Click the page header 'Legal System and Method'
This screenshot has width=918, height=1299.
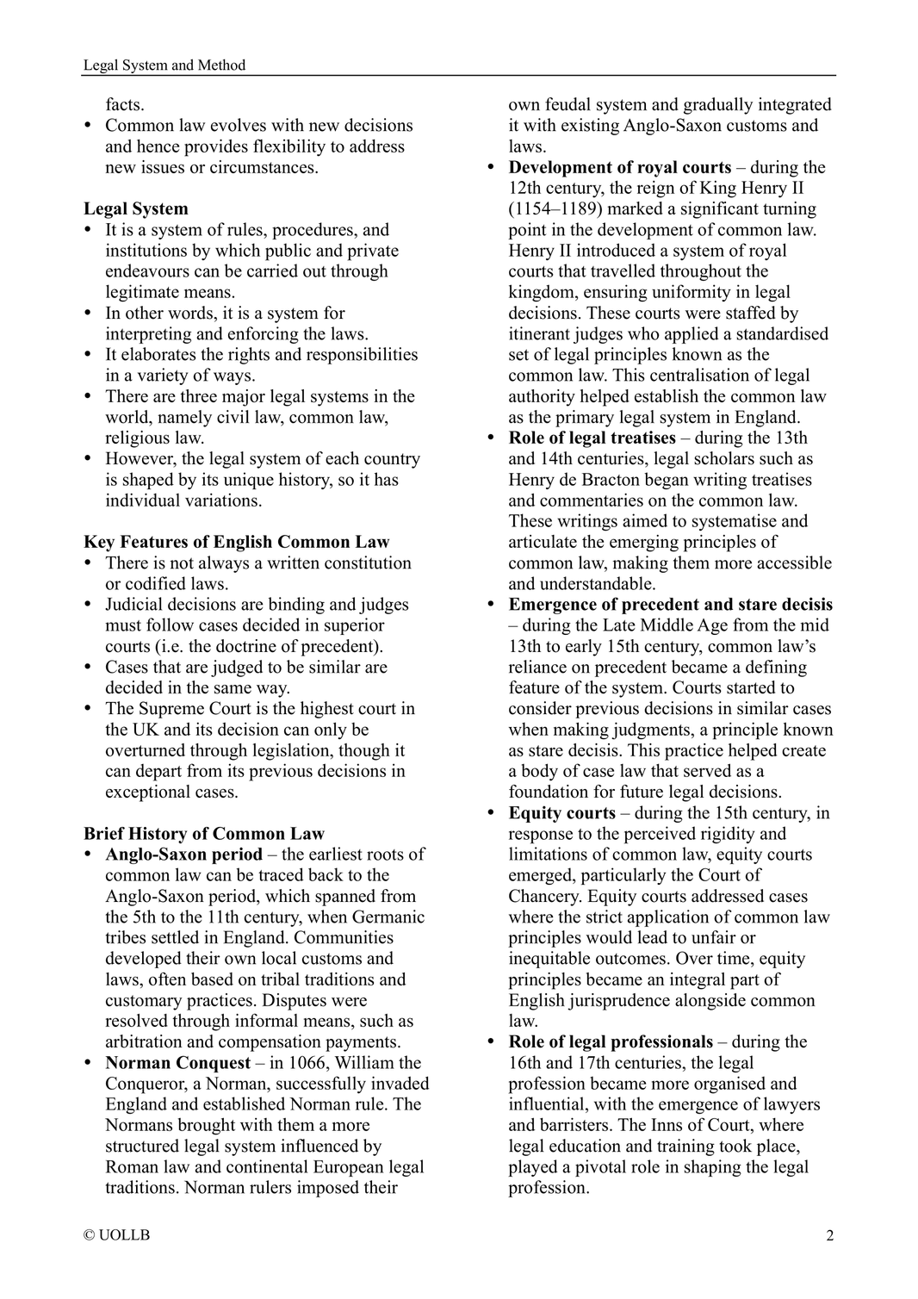[164, 65]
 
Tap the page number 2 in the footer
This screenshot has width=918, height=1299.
[829, 1236]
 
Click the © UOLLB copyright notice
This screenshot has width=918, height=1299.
[117, 1235]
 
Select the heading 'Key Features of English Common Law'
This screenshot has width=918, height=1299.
[236, 542]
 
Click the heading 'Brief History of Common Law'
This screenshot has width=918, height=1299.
[204, 833]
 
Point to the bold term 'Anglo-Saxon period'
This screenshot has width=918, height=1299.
[183, 855]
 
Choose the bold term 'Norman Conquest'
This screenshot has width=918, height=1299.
[177, 1062]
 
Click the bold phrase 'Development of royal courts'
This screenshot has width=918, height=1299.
[619, 167]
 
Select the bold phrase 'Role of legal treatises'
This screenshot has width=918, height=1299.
[592, 438]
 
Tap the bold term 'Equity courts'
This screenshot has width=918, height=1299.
[561, 812]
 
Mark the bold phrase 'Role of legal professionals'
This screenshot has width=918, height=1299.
[611, 1041]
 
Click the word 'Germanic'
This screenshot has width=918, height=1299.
[388, 917]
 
